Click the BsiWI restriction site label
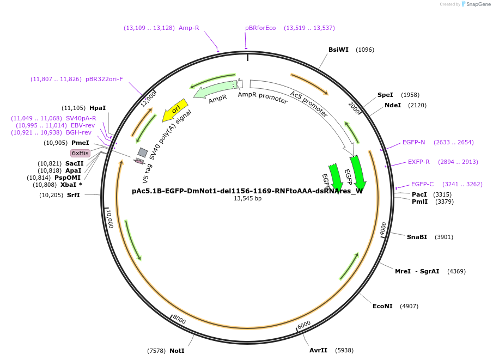point(338,50)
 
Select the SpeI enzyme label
point(385,95)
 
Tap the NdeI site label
point(392,105)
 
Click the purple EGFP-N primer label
point(413,142)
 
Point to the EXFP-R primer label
point(419,162)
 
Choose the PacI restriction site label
point(419,194)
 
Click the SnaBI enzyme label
point(417,237)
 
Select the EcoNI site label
point(382,306)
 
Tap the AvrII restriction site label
point(318,350)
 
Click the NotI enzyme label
point(176,351)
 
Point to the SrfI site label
point(74,195)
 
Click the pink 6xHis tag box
point(80,153)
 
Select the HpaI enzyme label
point(98,108)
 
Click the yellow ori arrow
point(175,110)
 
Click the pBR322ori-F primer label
point(104,79)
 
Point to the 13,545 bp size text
point(247,199)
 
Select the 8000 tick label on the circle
point(179,320)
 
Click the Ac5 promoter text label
point(309,104)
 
